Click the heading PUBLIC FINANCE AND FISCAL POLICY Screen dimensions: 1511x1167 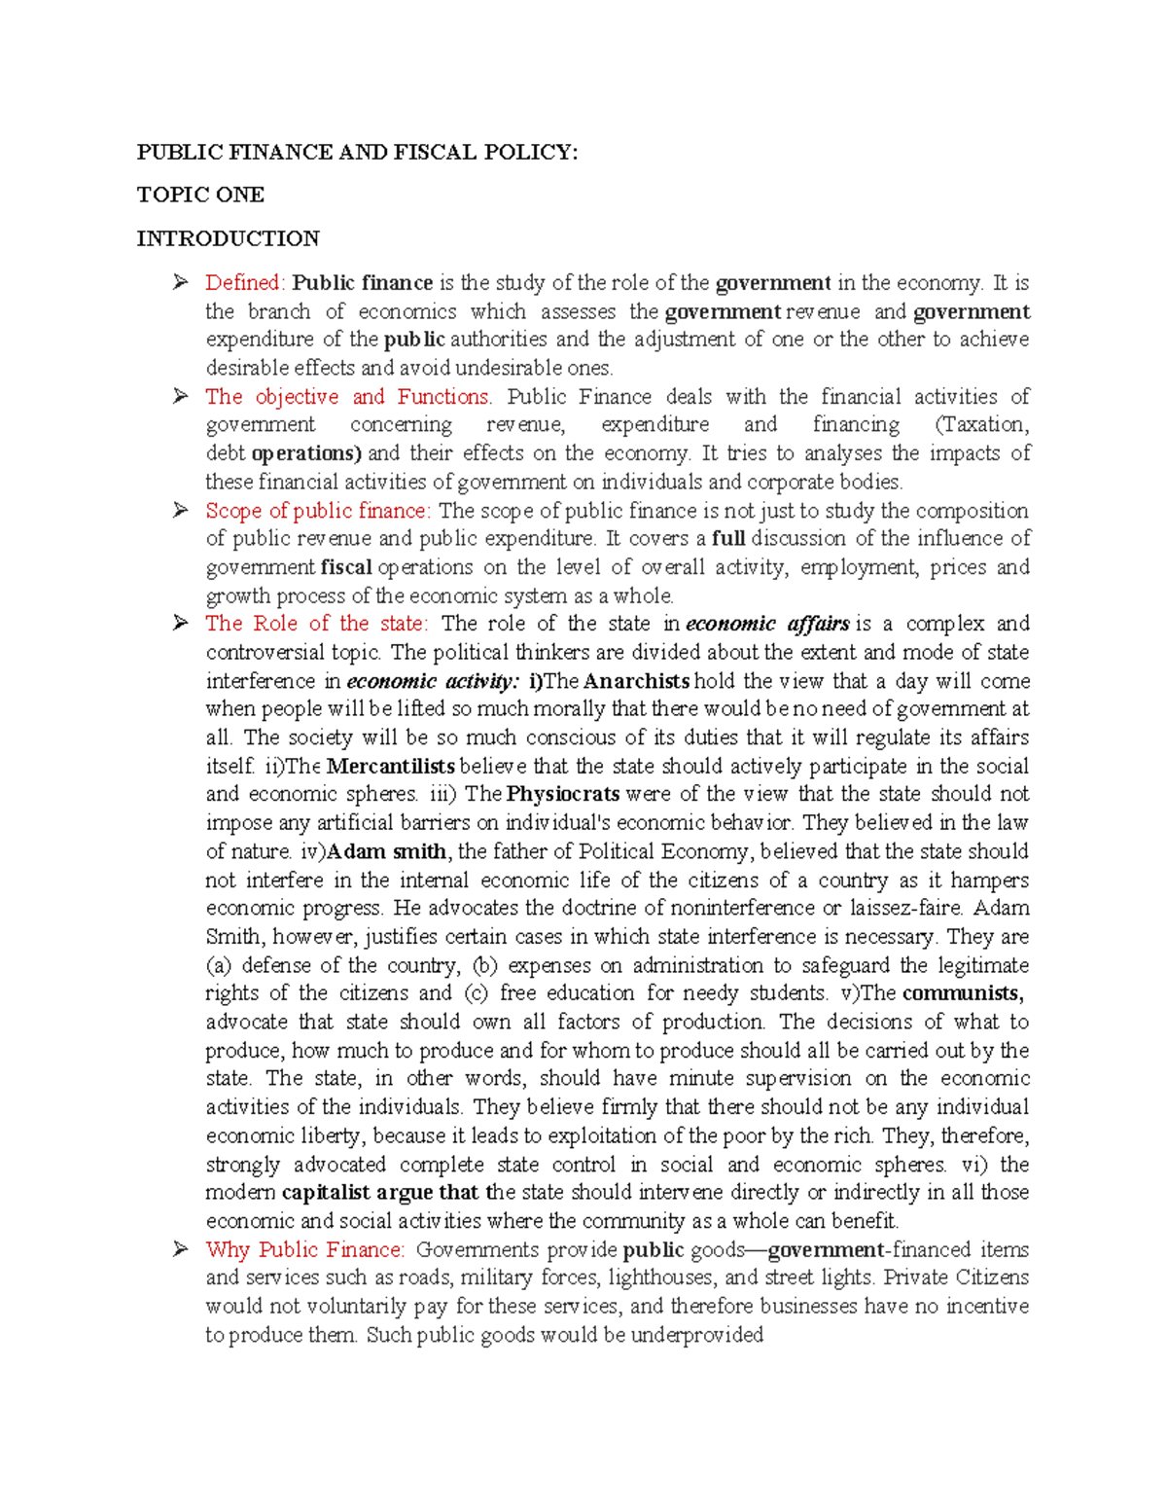click(357, 152)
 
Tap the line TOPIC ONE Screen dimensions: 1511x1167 click(200, 195)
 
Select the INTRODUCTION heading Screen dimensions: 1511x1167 click(228, 238)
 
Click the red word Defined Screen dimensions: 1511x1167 click(243, 283)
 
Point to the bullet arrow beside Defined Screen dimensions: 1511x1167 click(180, 283)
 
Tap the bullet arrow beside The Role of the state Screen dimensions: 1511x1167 click(180, 624)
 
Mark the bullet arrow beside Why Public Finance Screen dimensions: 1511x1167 click(180, 1250)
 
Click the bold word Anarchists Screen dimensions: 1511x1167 click(636, 681)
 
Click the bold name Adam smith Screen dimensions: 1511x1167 click(387, 851)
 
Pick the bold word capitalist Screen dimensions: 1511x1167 click(326, 1193)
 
